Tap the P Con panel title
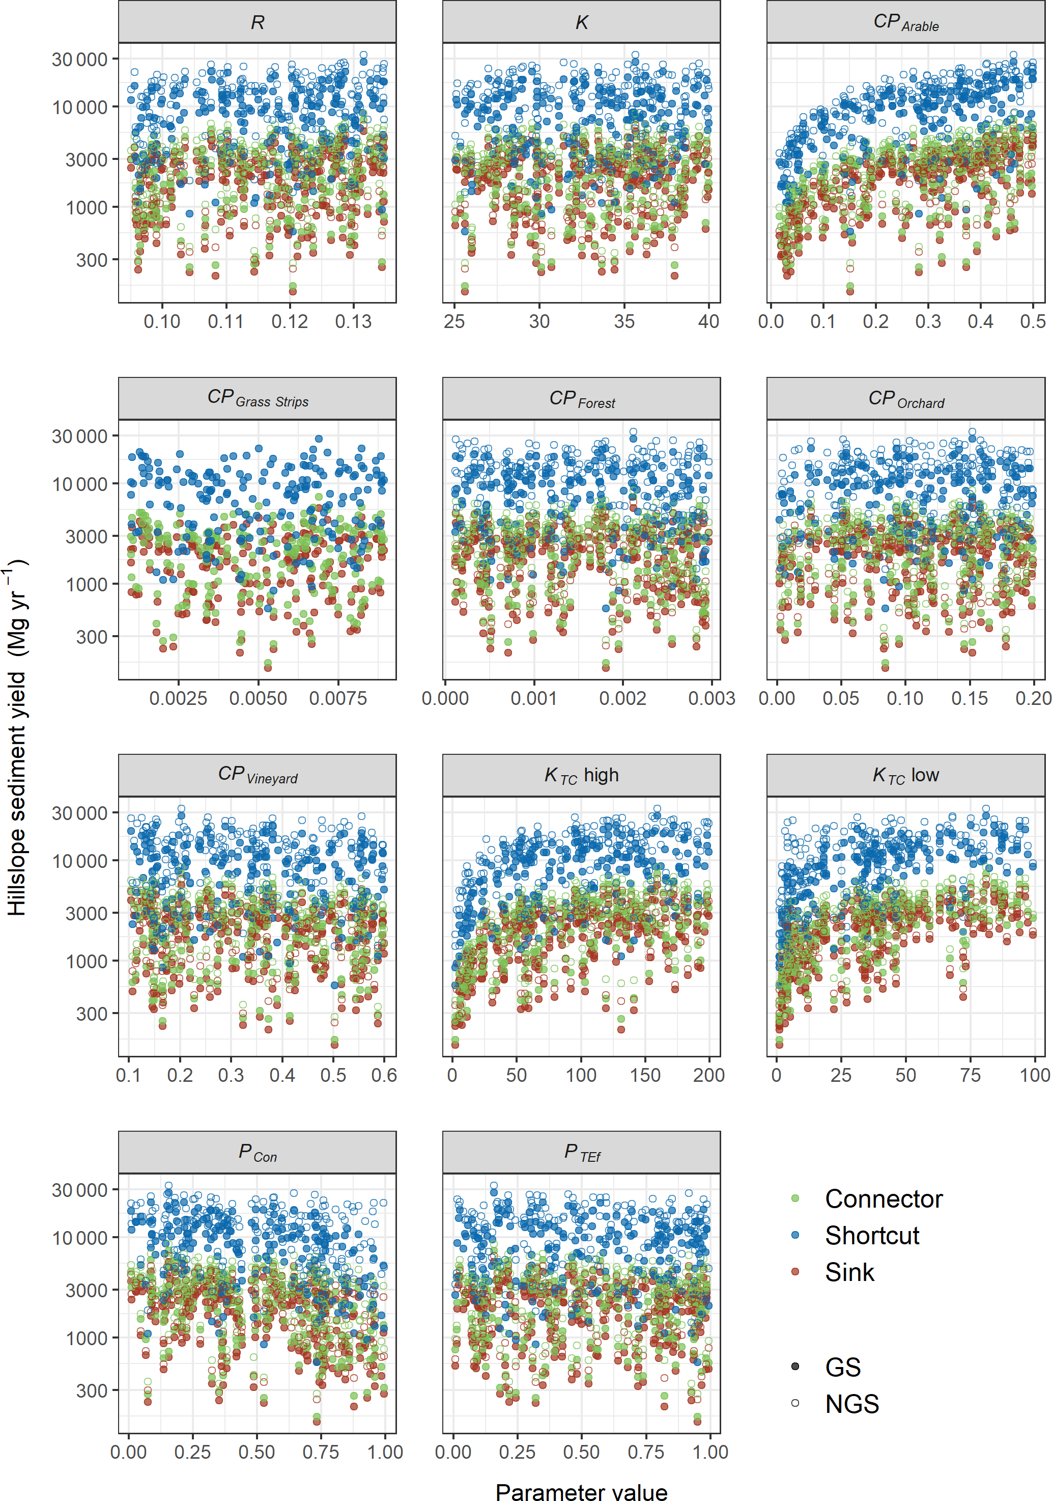[x=257, y=1153]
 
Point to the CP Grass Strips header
[x=257, y=399]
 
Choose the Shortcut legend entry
[x=872, y=1236]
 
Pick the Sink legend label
[x=849, y=1272]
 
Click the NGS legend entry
[x=851, y=1404]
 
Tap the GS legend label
[x=842, y=1367]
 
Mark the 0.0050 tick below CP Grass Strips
[x=258, y=698]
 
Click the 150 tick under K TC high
[x=645, y=1075]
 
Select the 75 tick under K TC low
[x=970, y=1075]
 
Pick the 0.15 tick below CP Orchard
[x=969, y=698]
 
